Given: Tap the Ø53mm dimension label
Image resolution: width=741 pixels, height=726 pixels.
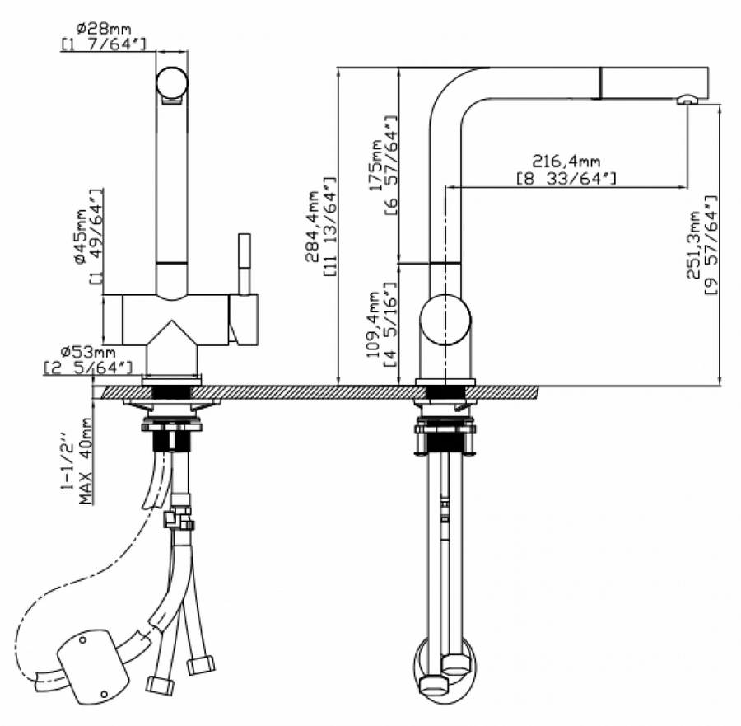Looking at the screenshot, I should click(x=88, y=354).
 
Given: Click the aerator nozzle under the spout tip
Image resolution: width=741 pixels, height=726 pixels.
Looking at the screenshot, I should click(x=686, y=100).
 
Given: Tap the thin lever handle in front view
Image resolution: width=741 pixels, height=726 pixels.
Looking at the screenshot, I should click(x=244, y=262).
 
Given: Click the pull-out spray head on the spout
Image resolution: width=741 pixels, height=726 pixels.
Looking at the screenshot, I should click(x=650, y=82).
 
